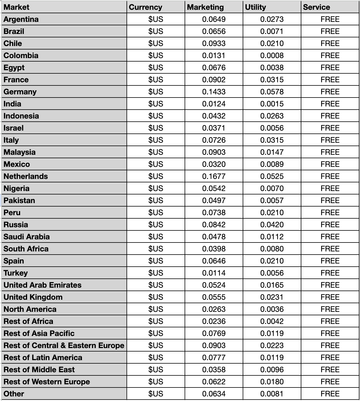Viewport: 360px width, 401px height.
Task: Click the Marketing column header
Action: (x=205, y=7)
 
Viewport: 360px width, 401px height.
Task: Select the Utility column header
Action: (x=255, y=7)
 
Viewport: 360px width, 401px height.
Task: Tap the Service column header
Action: (x=316, y=7)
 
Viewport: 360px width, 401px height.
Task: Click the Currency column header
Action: (x=145, y=7)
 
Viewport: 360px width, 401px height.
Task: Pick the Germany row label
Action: (x=20, y=92)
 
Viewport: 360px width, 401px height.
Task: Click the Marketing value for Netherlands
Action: (x=214, y=176)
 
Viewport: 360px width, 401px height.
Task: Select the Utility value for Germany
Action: (x=272, y=92)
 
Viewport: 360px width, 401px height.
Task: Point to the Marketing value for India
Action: (x=214, y=104)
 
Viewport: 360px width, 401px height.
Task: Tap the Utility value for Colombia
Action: (x=272, y=56)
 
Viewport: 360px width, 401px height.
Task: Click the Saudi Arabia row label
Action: (x=26, y=237)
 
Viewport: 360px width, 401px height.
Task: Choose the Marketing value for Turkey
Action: (x=214, y=273)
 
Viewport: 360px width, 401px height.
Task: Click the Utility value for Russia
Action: (x=272, y=225)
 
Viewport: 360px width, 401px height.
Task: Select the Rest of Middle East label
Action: (x=39, y=370)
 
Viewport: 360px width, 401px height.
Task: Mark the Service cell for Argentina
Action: (x=330, y=19)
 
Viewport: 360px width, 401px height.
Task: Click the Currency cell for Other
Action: (x=156, y=394)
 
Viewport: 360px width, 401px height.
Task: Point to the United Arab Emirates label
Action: (x=43, y=285)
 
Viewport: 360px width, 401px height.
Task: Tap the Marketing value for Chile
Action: (x=214, y=43)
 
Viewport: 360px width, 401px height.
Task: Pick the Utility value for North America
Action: (x=272, y=309)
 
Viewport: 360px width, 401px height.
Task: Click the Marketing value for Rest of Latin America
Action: (x=214, y=358)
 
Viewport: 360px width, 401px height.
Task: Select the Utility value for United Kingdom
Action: (x=272, y=297)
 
